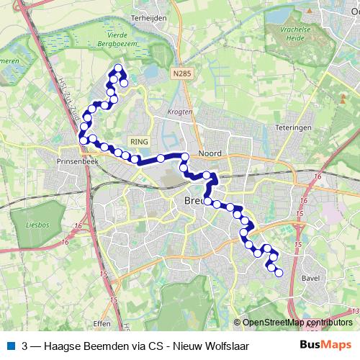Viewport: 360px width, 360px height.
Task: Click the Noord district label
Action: (210, 153)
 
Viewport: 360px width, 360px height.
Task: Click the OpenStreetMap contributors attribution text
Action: (298, 323)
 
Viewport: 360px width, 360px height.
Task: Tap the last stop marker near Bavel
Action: (279, 272)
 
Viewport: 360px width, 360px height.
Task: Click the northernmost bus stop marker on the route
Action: (118, 68)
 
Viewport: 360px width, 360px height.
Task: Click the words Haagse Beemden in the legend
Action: (81, 346)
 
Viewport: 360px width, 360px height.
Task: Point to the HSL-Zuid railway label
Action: (72, 102)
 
